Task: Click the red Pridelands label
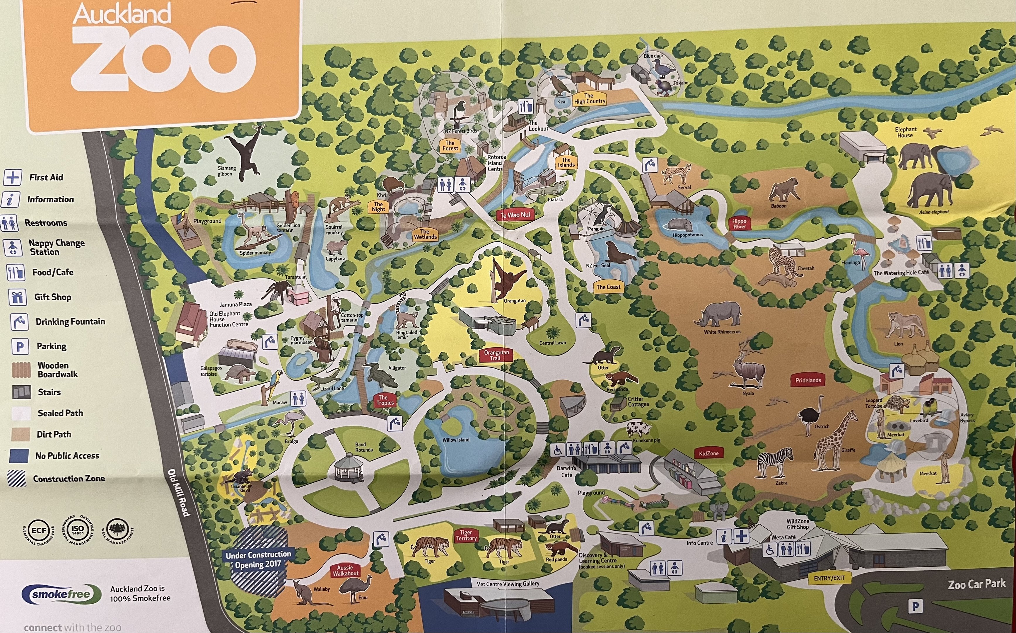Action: (x=808, y=380)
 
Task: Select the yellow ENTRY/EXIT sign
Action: (x=829, y=578)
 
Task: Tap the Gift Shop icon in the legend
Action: (x=17, y=297)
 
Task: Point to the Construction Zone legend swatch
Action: (x=17, y=478)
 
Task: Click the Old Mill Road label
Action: (x=179, y=492)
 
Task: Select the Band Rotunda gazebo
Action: (x=349, y=467)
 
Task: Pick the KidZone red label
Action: (x=708, y=453)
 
